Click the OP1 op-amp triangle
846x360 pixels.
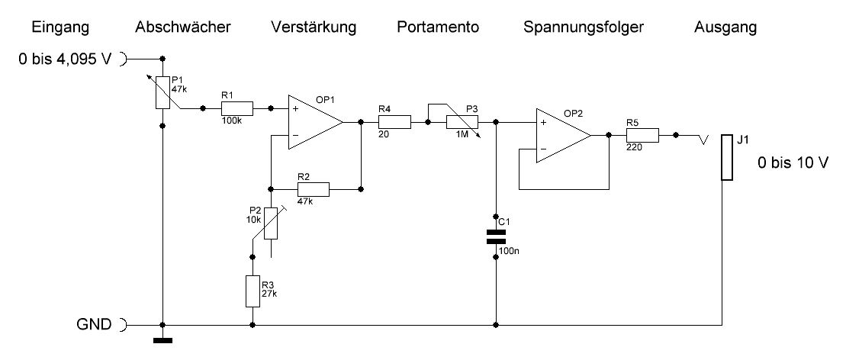tap(313, 121)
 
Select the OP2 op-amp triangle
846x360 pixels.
tap(561, 135)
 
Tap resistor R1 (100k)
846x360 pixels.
tap(236, 108)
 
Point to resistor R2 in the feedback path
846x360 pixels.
tap(313, 188)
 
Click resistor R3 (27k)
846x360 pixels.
tap(253, 291)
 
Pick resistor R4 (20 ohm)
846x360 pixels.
tap(394, 121)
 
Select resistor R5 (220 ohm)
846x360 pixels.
tap(642, 135)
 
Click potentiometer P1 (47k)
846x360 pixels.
tap(163, 92)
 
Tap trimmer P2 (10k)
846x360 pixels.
tap(270, 223)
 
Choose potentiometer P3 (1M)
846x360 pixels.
tap(462, 121)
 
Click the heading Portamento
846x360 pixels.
tap(438, 28)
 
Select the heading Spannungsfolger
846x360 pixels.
tap(584, 28)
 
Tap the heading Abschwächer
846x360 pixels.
tap(182, 28)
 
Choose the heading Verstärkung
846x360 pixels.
tap(313, 28)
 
